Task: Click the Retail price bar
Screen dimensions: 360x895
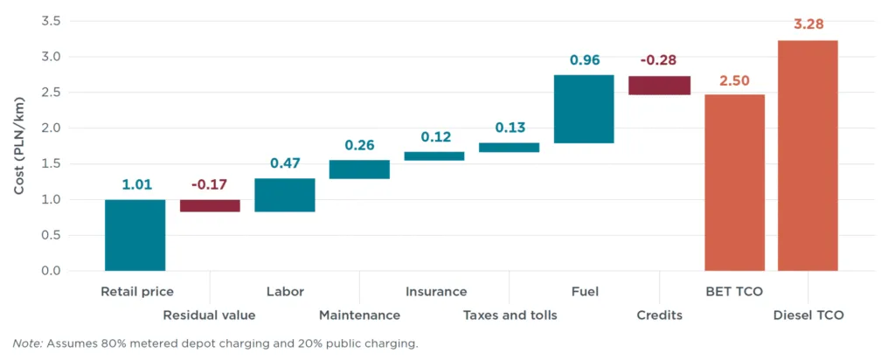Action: coord(135,235)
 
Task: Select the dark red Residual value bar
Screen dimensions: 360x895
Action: coord(210,205)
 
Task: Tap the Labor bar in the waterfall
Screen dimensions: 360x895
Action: coord(285,195)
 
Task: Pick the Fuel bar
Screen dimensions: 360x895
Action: coord(584,109)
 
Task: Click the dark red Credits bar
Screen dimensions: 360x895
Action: coord(659,85)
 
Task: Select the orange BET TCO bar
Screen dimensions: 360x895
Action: coord(734,183)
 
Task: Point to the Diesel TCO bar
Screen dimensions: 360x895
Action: coord(808,156)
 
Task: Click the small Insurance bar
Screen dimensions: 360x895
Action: coord(434,156)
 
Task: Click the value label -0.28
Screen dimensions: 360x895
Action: coord(659,60)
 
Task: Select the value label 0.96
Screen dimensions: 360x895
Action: coord(584,60)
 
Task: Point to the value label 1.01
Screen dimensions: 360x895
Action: coord(135,185)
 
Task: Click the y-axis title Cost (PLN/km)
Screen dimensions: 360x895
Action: coord(19,145)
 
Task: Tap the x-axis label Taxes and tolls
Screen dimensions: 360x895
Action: coord(510,315)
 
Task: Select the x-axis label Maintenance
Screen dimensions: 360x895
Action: coord(359,315)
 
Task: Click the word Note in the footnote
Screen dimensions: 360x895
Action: coord(27,343)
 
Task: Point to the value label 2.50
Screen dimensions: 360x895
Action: coord(734,80)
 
